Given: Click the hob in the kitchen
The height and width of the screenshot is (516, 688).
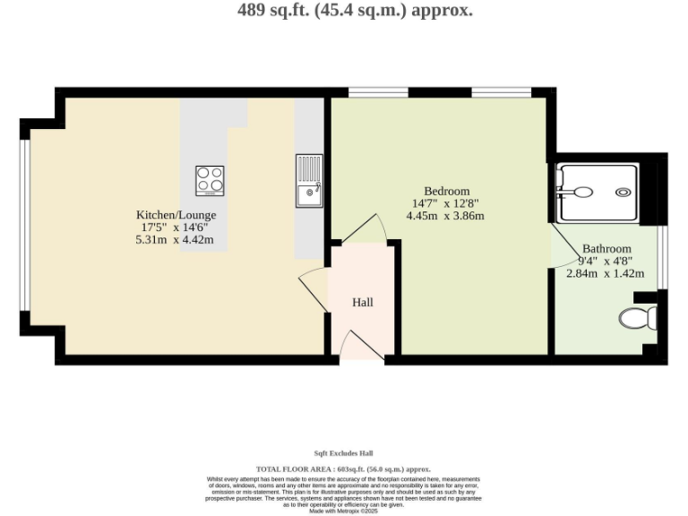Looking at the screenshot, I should click(x=210, y=181).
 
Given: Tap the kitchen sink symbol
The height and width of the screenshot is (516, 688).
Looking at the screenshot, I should click(x=309, y=180).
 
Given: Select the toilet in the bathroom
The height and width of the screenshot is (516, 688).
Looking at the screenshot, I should click(x=637, y=316).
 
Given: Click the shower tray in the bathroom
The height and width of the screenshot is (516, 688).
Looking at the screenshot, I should click(x=597, y=191).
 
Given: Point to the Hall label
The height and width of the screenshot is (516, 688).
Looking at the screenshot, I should click(x=363, y=303).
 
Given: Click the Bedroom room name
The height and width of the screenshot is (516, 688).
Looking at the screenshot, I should click(x=446, y=191).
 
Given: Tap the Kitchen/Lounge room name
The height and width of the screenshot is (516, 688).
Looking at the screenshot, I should click(x=176, y=215).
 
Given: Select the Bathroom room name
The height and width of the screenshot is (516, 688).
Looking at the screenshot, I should click(x=606, y=248).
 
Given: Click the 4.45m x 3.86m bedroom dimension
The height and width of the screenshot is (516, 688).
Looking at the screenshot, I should click(x=445, y=216).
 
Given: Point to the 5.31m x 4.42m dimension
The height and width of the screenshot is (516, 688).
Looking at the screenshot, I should click(x=175, y=239).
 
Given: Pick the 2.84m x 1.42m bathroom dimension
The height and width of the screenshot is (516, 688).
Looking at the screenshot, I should click(x=606, y=273).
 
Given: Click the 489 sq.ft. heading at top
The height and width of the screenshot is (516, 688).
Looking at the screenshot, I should click(x=355, y=11).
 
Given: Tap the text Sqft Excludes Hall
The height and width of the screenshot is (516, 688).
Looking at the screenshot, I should click(x=344, y=453).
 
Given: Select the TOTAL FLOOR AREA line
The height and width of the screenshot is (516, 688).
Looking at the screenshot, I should click(x=344, y=469).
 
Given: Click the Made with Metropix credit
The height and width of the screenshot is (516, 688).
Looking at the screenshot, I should click(x=344, y=511).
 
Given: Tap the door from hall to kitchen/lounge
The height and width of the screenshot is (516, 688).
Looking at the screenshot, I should click(x=314, y=288).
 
